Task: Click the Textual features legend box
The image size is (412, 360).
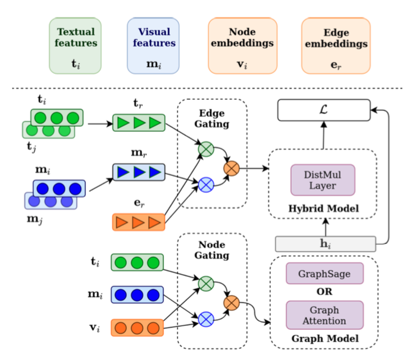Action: [75, 45]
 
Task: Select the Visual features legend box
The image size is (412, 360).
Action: [153, 45]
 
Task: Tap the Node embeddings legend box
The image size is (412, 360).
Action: [243, 45]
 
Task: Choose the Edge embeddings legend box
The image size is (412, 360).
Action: [336, 45]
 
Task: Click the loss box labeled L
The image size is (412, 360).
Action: [324, 110]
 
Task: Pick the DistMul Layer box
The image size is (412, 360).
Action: [323, 180]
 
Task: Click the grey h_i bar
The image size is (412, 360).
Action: [325, 244]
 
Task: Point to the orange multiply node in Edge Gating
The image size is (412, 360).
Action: [231, 167]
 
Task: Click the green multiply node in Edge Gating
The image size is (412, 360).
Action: [206, 150]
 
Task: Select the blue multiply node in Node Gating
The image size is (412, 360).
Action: [206, 320]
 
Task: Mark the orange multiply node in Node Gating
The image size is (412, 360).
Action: [231, 303]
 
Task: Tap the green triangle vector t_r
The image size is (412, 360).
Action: [138, 123]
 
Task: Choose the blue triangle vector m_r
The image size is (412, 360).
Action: [138, 172]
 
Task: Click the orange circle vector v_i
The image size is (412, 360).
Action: [138, 327]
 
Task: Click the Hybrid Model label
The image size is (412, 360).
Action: [323, 209]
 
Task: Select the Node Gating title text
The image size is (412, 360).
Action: [212, 250]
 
